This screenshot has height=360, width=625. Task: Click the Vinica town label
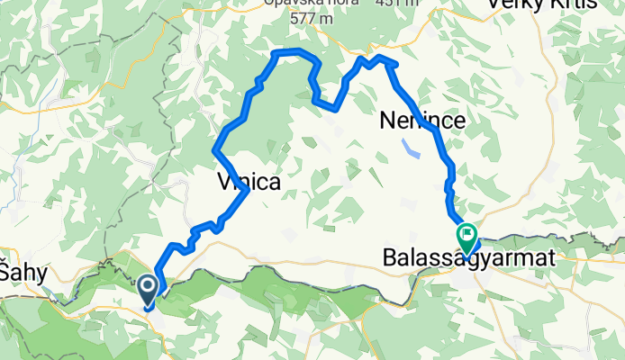[x=249, y=182]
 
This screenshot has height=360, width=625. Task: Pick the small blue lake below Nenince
[x=411, y=146]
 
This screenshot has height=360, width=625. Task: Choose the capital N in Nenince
[x=386, y=120]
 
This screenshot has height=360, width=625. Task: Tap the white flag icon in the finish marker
[x=468, y=236]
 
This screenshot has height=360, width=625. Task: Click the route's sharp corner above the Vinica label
[x=247, y=190]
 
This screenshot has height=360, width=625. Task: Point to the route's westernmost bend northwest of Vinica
[x=213, y=148]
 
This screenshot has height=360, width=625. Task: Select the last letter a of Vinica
[x=274, y=182]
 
